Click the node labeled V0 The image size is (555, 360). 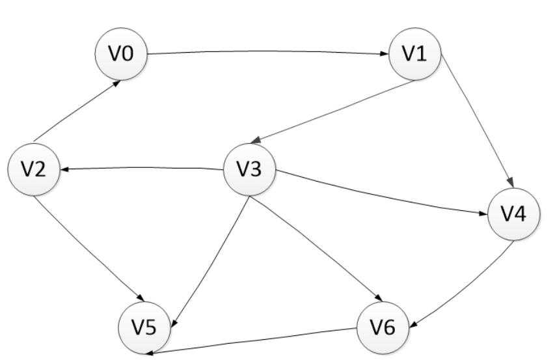pyautogui.click(x=121, y=54)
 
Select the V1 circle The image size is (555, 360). pyautogui.click(x=415, y=54)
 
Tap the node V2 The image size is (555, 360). pyautogui.click(x=34, y=169)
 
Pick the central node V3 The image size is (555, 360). pyautogui.click(x=250, y=169)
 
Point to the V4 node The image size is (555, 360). pyautogui.click(x=514, y=214)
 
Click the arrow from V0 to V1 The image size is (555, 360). pyautogui.click(x=267, y=51)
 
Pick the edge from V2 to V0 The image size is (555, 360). pyautogui.click(x=75, y=111)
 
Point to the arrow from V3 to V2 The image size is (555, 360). pyautogui.click(x=140, y=168)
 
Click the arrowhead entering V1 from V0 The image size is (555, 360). pyautogui.click(x=385, y=54)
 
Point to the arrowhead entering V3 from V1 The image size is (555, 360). pyautogui.click(x=256, y=139)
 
